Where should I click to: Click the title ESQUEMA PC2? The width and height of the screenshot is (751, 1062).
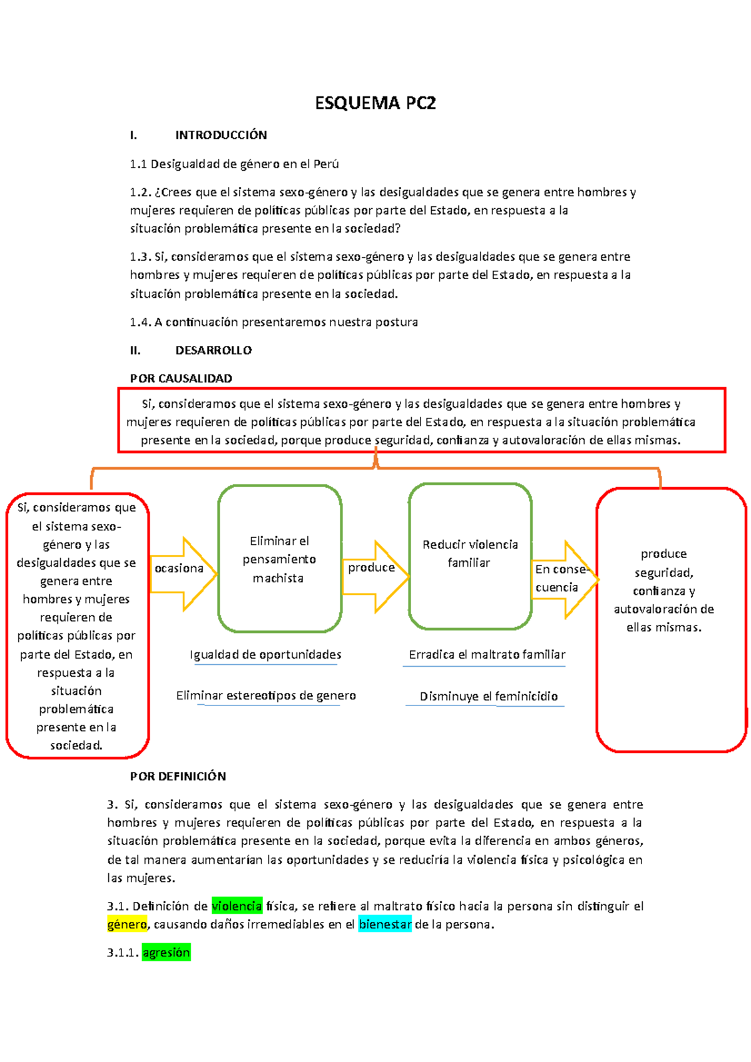pos(375,103)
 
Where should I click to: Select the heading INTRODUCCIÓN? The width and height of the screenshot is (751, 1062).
pos(221,135)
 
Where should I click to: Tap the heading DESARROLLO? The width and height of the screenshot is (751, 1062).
pos(213,350)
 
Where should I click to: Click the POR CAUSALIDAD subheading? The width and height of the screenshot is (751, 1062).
pos(181,378)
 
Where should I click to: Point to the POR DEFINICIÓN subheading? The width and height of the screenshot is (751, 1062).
pos(178,776)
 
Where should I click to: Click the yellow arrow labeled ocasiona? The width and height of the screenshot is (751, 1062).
pos(182,572)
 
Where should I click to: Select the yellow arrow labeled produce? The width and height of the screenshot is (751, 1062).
pos(374,575)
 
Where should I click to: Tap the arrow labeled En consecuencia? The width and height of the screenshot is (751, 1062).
pos(563,579)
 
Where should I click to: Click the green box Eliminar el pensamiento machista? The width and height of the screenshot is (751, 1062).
pos(279,559)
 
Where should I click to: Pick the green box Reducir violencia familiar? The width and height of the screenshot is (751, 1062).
pos(470,555)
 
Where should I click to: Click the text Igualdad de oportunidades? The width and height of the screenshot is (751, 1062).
pos(265,655)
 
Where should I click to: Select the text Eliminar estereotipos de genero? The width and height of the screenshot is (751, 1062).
pos(266,695)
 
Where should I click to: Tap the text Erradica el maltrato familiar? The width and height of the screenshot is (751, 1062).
pos(486,655)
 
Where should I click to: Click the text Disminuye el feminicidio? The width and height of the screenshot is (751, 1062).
pos(488,696)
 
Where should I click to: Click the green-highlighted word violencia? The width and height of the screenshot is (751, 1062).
pos(237,906)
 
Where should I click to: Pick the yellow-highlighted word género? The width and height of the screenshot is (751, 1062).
pos(127,924)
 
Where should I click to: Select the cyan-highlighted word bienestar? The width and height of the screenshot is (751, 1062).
pos(385,924)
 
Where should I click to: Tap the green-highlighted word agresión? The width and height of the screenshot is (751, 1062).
pos(166,953)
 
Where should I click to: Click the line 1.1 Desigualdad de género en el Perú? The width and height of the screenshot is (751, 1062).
pos(234,164)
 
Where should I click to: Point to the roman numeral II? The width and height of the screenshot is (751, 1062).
pos(135,350)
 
